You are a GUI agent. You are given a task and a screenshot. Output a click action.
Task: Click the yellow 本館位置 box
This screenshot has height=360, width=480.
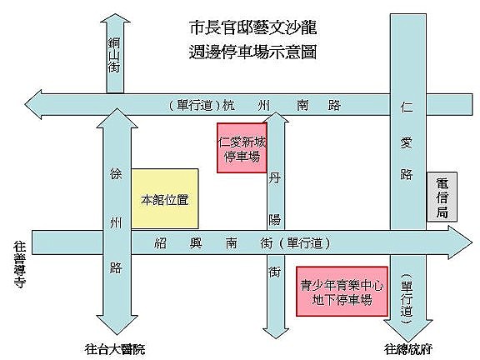click(165, 198)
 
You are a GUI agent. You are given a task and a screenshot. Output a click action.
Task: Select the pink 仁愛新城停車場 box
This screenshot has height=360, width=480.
click(242, 147)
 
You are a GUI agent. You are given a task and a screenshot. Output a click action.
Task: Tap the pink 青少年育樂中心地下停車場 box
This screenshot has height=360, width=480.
click(342, 291)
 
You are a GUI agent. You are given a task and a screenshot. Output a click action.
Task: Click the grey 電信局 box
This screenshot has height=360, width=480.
click(442, 197)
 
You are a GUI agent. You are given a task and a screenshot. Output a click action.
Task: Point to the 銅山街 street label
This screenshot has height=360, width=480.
click(113, 55)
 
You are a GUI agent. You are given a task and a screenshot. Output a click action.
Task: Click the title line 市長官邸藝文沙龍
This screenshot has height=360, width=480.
click(252, 27)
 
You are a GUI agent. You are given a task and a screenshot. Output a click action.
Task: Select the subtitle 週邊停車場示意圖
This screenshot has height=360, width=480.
click(252, 52)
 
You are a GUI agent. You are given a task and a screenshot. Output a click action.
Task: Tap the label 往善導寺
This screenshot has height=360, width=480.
click(19, 265)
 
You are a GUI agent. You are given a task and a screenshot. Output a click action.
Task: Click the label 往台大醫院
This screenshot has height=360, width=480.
click(115, 349)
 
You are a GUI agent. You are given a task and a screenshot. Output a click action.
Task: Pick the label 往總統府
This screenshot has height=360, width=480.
click(408, 349)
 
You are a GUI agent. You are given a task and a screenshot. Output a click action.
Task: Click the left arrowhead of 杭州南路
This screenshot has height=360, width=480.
click(26, 105)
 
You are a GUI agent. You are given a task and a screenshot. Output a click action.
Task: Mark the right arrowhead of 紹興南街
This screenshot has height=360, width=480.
click(472, 243)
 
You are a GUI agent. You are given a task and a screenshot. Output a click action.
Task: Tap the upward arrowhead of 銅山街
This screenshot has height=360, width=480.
click(115, 14)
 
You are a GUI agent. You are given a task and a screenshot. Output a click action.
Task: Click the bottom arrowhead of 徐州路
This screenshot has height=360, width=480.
click(117, 334)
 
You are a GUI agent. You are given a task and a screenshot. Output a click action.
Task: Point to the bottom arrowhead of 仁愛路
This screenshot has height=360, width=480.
click(408, 342)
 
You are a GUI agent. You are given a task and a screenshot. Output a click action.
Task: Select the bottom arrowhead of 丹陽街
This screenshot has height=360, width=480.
click(276, 338)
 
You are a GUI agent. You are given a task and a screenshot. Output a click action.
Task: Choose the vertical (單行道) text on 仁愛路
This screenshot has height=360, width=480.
click(407, 299)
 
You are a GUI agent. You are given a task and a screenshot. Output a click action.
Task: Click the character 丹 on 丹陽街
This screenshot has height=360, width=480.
click(275, 177)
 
